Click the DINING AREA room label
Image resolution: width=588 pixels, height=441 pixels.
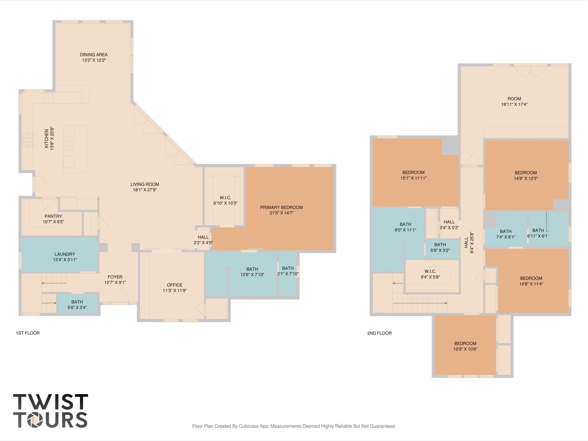(94, 55)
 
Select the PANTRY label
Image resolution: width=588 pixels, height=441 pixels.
(53, 216)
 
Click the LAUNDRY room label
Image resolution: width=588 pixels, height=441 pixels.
(65, 254)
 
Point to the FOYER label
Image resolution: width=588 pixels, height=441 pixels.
(115, 277)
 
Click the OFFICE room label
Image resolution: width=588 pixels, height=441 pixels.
(175, 285)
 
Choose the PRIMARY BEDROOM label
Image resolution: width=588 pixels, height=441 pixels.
(281, 207)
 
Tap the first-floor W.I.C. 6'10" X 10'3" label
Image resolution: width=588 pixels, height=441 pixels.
(225, 201)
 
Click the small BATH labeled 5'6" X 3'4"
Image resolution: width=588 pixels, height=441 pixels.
(77, 305)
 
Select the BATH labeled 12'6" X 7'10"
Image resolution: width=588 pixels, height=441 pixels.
(252, 272)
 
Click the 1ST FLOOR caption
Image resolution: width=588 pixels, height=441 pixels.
(28, 333)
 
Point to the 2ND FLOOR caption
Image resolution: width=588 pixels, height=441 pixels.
(379, 333)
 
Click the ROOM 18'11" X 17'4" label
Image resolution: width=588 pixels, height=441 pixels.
(514, 101)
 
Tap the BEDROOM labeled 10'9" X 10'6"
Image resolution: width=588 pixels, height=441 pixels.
(465, 346)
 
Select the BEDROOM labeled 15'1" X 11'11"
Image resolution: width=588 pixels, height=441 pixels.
(413, 175)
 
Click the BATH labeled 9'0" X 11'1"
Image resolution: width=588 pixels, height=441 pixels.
(405, 227)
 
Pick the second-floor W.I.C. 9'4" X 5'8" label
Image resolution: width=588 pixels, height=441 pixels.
(430, 274)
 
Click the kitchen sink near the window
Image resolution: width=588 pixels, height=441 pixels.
(48, 98)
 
